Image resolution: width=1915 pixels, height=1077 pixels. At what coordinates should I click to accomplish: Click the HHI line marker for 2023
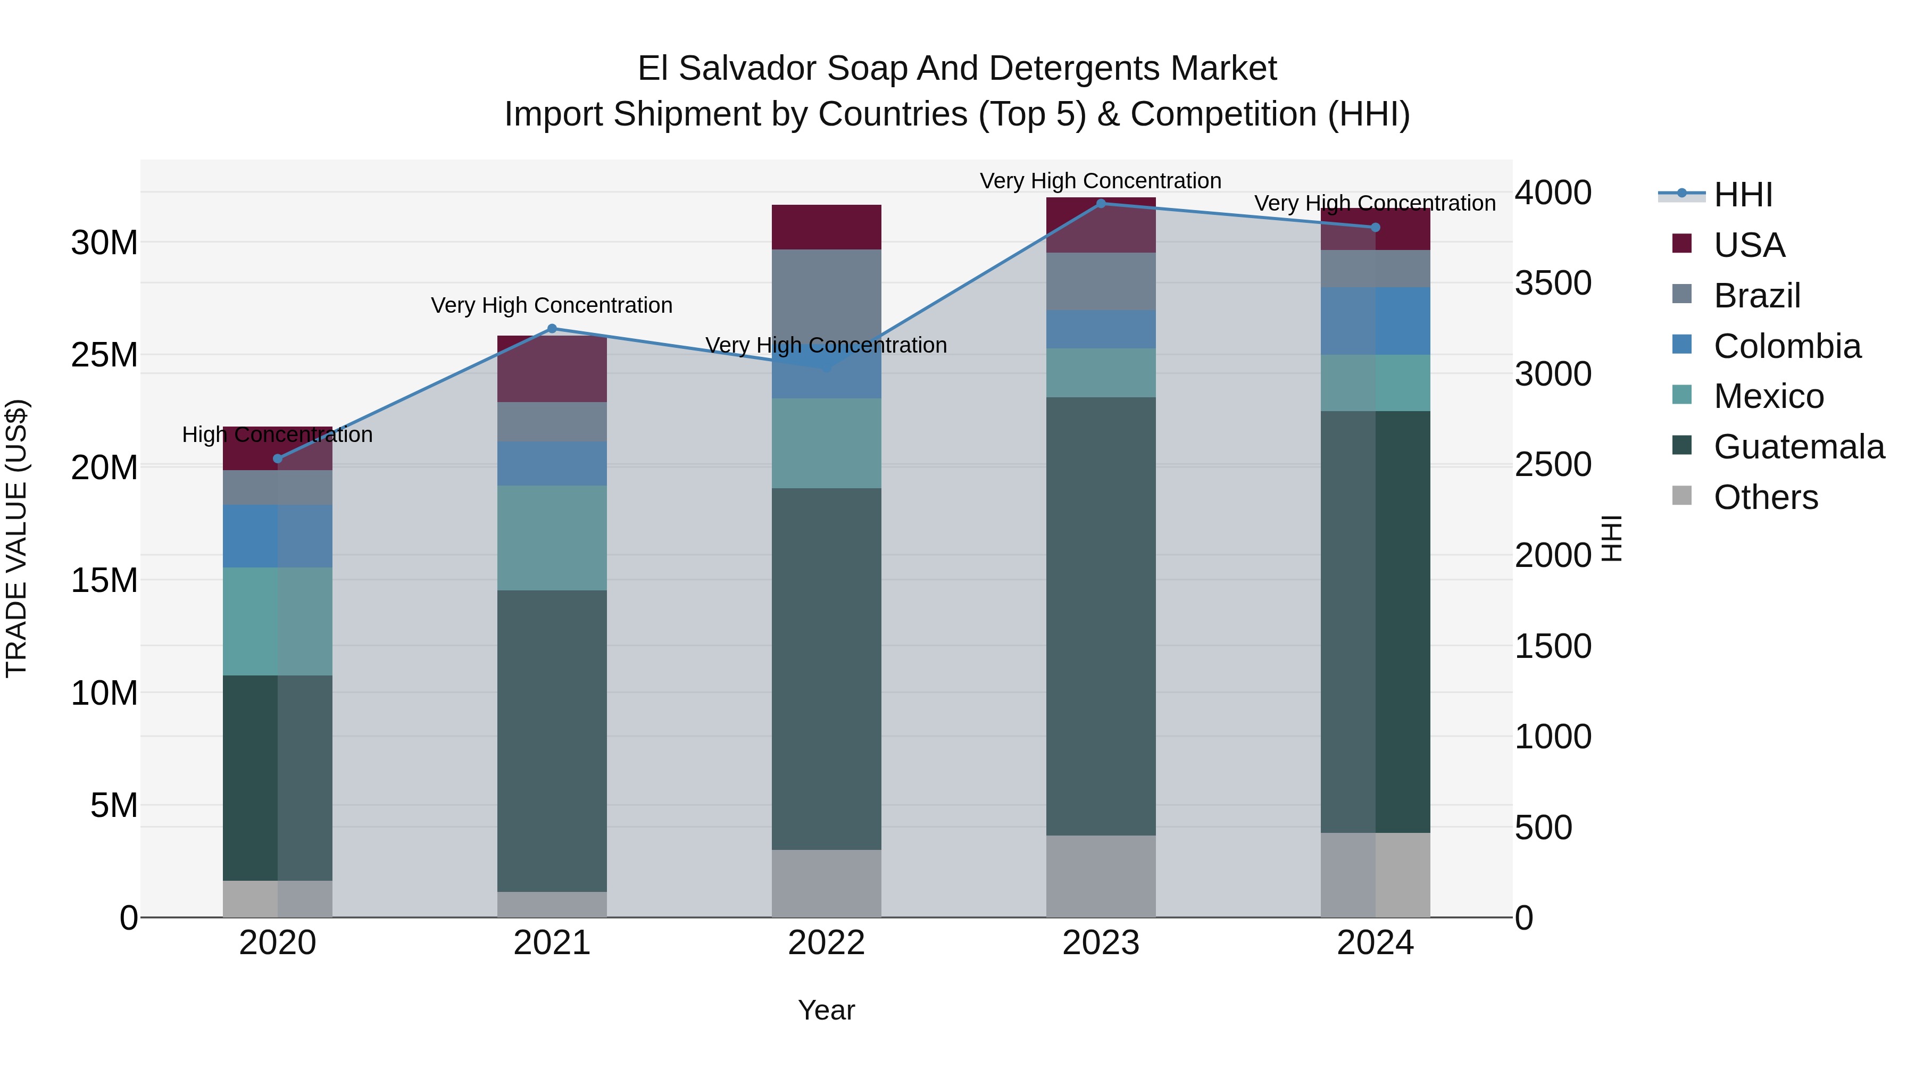point(1101,204)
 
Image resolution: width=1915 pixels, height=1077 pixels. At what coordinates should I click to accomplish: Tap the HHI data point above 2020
point(278,458)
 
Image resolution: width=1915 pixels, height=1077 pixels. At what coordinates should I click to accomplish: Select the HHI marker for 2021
point(552,329)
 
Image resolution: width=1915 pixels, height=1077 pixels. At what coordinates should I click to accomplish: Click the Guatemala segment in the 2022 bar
point(826,669)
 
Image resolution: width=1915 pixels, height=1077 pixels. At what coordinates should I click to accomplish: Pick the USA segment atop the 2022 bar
point(826,227)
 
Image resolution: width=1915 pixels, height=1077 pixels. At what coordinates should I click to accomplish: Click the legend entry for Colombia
point(1786,346)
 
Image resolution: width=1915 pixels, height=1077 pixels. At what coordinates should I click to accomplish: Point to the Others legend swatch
point(1681,496)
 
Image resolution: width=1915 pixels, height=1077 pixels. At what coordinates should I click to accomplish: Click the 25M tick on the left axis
point(104,355)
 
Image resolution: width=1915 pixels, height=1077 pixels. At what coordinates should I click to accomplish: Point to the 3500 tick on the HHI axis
point(1553,283)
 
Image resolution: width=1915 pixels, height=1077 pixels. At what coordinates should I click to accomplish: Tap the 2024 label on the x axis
point(1375,943)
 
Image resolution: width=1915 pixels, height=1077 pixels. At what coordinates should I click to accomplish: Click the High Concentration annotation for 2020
point(277,435)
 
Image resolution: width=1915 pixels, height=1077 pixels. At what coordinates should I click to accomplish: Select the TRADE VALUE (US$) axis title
point(16,538)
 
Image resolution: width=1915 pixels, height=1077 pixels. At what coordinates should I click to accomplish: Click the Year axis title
point(826,1010)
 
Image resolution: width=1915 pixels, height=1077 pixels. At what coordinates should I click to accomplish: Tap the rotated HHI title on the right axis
point(1611,538)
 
